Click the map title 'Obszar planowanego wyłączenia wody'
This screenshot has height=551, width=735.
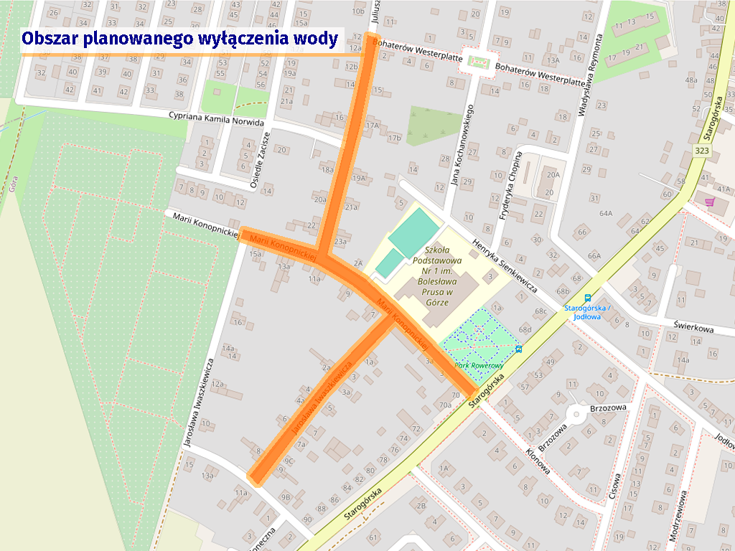pos(179,39)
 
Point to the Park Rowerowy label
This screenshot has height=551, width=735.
pos(479,364)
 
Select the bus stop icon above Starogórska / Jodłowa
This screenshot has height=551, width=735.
pos(588,298)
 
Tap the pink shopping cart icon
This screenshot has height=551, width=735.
pos(710,202)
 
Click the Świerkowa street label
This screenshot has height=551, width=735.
pos(694,328)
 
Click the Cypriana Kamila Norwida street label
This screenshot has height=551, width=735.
pos(216,118)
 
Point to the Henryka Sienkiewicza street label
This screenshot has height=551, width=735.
pos(505,265)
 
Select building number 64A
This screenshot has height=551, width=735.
pos(606,213)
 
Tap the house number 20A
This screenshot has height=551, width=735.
pos(552,174)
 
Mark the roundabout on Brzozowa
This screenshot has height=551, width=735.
pos(574,414)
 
